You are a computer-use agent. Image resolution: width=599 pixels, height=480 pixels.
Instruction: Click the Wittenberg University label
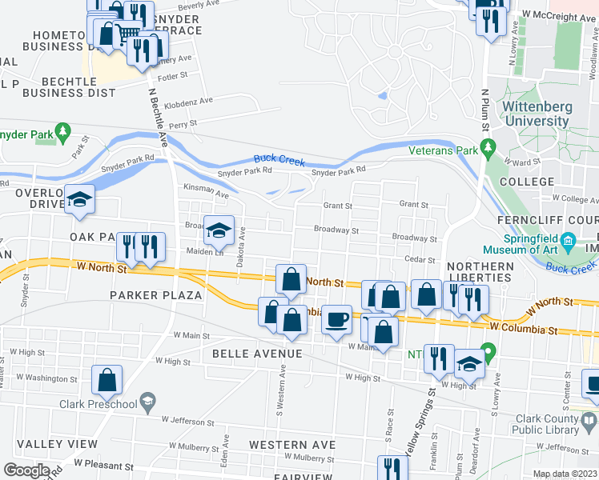[536, 114]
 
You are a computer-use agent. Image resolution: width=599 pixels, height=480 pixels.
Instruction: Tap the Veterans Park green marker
[487, 148]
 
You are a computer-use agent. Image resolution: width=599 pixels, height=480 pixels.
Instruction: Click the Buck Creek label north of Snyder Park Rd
[279, 160]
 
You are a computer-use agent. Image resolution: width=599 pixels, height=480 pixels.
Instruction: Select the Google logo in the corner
[26, 470]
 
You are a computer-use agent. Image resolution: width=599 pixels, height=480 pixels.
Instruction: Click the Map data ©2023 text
[565, 474]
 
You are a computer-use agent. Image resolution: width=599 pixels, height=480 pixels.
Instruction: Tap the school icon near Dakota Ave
[219, 231]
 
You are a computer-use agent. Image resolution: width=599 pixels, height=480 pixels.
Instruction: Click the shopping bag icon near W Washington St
[107, 381]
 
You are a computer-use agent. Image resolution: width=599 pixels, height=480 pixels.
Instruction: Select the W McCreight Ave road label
[559, 15]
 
